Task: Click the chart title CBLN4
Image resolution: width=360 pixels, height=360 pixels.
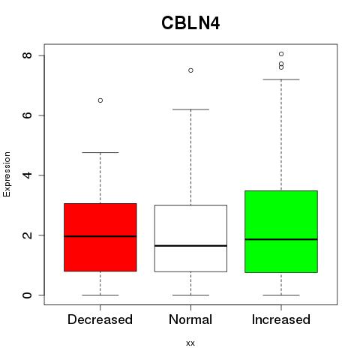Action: coord(190,23)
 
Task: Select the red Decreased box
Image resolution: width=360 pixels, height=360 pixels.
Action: coord(100,237)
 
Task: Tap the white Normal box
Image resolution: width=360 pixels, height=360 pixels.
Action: coord(190,238)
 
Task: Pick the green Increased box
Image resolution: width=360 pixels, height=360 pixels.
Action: coord(281,232)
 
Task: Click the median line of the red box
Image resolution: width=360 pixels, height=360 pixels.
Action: coord(100,236)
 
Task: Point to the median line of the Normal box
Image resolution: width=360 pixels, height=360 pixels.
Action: coord(190,246)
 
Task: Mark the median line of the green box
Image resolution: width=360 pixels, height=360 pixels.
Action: coord(281,239)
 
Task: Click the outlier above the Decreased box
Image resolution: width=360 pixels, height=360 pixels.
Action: coord(100,100)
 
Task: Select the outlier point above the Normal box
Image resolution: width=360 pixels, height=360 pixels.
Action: coord(190,70)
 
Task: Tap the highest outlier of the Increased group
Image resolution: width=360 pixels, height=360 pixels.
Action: coord(281,54)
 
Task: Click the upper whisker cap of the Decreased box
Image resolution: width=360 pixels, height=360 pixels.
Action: coord(100,152)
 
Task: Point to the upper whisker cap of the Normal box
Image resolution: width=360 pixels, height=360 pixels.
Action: coord(190,109)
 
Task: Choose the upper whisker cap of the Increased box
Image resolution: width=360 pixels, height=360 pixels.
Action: coord(281,79)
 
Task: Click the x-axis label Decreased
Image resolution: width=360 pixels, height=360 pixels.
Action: coord(100,319)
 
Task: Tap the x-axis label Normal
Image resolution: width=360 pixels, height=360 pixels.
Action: coord(190,319)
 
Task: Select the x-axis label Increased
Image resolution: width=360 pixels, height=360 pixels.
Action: coord(281,319)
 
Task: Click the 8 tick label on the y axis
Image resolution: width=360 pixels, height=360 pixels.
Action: coord(27,55)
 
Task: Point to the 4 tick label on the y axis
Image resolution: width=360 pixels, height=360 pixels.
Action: coord(27,175)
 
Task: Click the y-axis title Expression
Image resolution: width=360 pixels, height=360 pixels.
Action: coord(7,174)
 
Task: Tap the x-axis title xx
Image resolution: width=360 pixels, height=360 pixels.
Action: coord(190,343)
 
